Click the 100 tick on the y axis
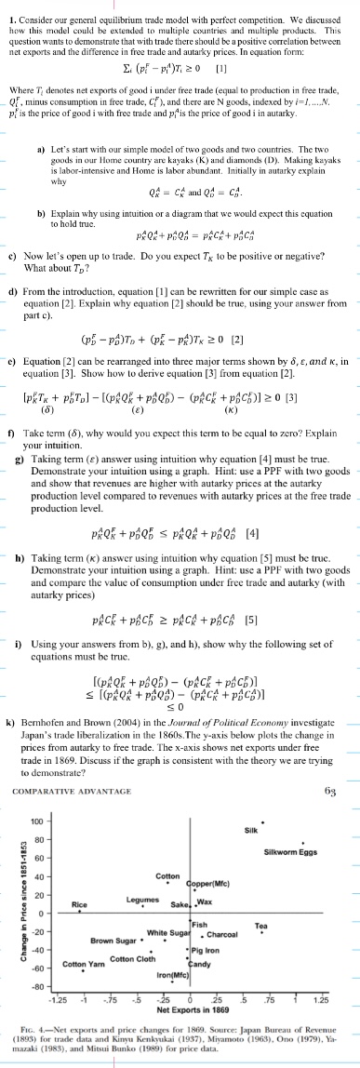pos(36,819)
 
